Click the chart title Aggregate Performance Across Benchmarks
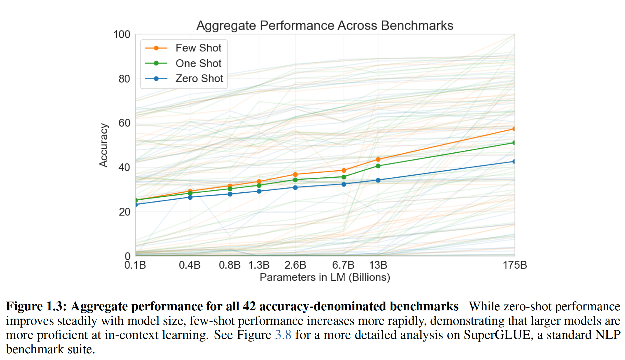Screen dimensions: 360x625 [325, 26]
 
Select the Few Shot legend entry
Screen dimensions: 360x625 [198, 48]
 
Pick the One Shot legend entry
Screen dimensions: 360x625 [198, 63]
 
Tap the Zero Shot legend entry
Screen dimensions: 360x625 [199, 79]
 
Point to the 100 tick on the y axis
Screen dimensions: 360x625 [122, 35]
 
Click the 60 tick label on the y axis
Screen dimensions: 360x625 [124, 123]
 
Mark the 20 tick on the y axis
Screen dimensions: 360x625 [124, 212]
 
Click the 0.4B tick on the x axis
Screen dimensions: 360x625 [190, 265]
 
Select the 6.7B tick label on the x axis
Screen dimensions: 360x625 [343, 265]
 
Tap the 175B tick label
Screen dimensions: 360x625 [515, 265]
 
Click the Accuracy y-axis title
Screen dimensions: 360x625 [104, 145]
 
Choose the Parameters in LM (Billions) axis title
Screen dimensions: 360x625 [325, 277]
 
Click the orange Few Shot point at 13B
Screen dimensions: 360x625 [378, 159]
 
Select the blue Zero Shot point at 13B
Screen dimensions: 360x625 [378, 180]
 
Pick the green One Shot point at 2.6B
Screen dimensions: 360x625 [295, 180]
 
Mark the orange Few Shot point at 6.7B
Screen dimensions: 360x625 [344, 171]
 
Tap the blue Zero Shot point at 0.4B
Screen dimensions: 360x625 [190, 197]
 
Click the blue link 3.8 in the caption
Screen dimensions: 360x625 [283, 335]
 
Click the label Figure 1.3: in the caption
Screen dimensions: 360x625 [36, 306]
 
